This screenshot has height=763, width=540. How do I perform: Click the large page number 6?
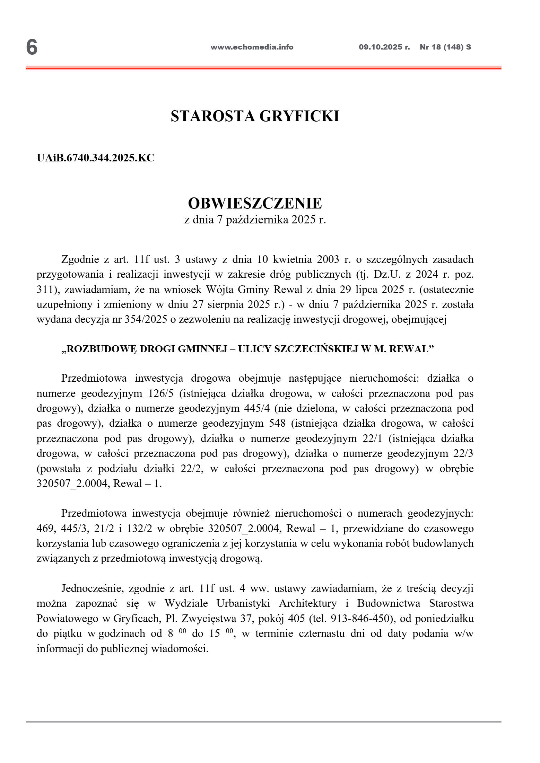pos(32,47)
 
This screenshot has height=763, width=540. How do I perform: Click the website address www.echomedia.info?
pos(252,47)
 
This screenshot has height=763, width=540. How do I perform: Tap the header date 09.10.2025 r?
pos(384,47)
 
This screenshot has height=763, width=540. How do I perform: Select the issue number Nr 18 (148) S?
pos(445,47)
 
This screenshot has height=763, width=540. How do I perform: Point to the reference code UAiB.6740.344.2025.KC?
pos(95,158)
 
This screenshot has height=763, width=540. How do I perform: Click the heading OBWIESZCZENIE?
pos(255,203)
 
